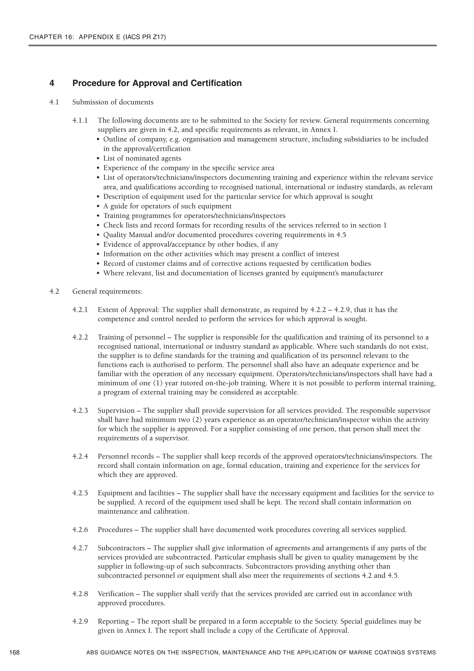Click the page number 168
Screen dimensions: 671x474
tap(14, 652)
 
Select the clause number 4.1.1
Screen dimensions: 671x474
tap(80, 120)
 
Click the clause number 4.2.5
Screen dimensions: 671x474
tap(80, 493)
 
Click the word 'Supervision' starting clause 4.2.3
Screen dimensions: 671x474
tap(116, 411)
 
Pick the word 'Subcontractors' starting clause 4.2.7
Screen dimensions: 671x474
tap(121, 548)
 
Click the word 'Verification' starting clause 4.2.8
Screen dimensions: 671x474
tap(116, 594)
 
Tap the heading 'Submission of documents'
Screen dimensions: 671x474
tap(113, 102)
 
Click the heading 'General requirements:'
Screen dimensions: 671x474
tap(107, 292)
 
